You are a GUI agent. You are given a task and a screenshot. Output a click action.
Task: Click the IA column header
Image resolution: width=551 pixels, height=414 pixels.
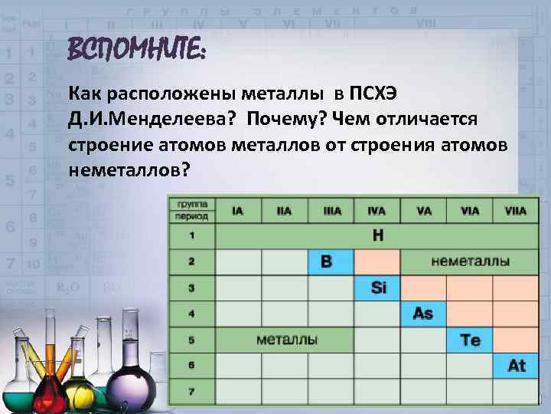238,210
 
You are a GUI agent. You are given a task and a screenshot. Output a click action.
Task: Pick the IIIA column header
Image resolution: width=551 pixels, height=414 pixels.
331,210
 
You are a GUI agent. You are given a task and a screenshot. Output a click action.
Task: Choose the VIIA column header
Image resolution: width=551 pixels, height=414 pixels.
515,210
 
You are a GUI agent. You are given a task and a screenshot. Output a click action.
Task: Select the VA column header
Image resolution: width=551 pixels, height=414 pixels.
423,210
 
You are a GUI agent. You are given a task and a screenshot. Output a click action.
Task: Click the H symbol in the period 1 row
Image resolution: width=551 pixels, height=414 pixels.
377,235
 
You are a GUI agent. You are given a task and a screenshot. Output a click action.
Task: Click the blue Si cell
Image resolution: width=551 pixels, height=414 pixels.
378,287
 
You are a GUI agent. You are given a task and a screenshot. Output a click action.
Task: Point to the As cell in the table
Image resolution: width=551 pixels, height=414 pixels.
422,314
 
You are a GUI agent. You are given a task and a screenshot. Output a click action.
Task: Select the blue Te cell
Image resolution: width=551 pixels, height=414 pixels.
469,340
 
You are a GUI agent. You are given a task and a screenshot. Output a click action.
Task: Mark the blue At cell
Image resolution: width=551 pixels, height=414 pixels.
516,366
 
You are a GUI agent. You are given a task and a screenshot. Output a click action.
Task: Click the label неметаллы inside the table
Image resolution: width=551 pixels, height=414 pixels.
471,261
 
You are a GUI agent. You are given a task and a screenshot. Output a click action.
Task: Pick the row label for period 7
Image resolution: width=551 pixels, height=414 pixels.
191,392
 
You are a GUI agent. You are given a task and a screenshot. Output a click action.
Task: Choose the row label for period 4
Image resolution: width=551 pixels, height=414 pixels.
191,314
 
